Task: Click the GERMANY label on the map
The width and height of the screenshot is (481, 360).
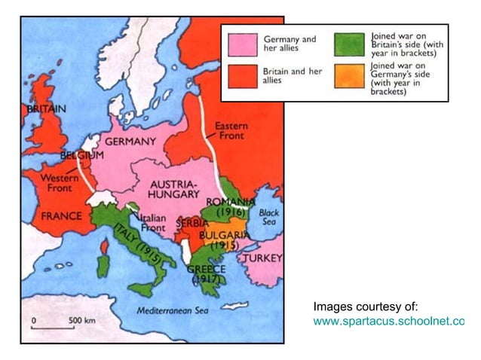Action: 130,141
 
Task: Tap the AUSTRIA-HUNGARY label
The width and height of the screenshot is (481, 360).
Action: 174,189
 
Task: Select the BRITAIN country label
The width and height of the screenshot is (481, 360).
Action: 47,108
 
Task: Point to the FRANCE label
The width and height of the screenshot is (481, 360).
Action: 61,215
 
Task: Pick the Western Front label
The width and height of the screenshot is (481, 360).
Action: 55,183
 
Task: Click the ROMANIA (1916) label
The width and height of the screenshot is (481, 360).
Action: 231,207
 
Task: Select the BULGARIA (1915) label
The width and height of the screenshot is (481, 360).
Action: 225,240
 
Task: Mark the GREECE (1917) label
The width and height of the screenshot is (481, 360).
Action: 204,273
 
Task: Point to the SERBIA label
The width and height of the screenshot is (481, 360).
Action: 192,224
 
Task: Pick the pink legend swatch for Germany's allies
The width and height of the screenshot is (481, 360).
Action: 240,44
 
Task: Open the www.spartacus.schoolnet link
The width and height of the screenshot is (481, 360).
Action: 388,322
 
